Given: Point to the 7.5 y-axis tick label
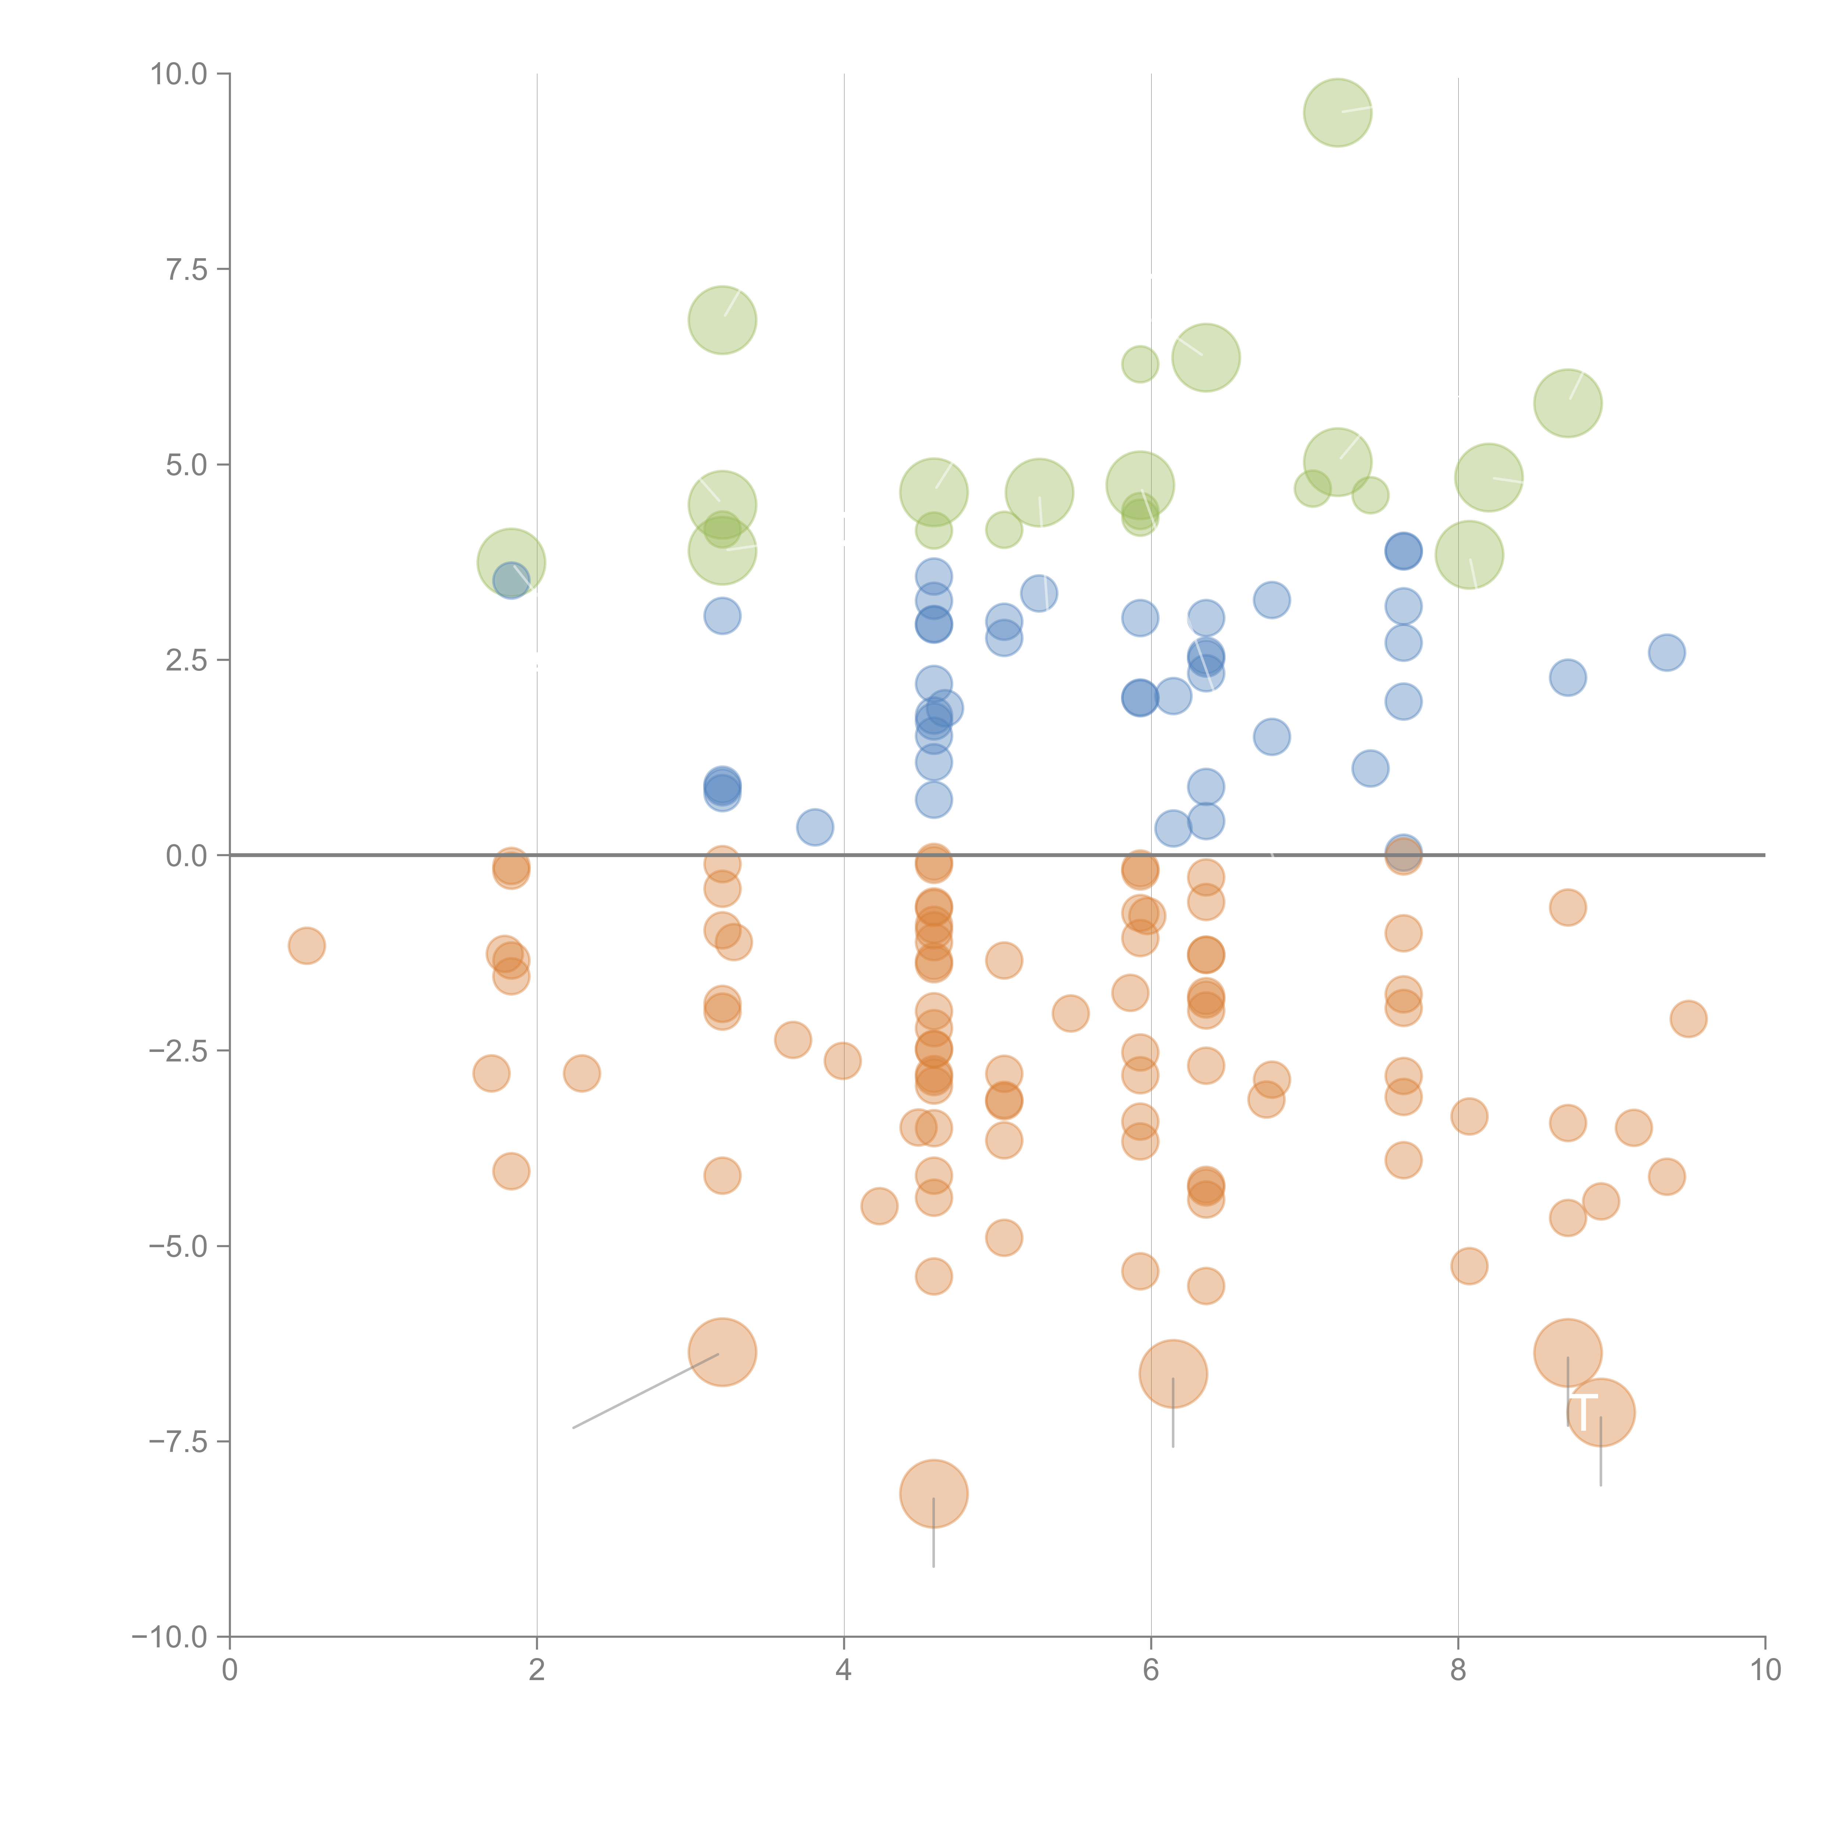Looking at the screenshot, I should (186, 269).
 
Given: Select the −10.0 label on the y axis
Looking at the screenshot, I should (170, 1637).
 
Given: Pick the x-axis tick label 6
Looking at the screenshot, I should (1151, 1671).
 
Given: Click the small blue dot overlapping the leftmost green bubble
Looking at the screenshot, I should (511, 581).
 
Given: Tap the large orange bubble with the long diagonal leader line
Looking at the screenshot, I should (722, 1353).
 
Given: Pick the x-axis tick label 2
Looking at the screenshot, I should (537, 1671).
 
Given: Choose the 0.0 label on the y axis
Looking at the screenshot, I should (186, 856).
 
